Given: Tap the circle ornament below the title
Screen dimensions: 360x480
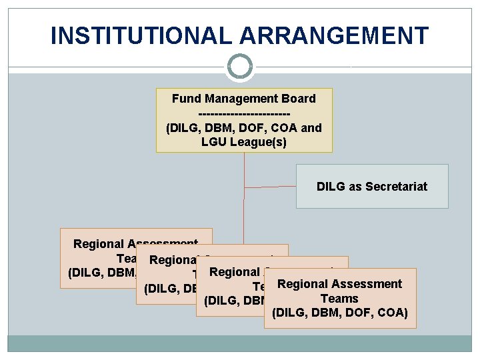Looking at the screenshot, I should [240, 67].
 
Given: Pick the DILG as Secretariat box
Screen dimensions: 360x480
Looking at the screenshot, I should [372, 186].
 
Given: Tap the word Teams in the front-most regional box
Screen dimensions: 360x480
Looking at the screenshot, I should [339, 299].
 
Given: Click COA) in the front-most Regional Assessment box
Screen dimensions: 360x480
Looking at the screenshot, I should [394, 313].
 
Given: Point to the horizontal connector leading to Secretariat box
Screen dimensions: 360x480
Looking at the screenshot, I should [270, 185].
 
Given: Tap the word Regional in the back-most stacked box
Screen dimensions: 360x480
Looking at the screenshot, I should [98, 245].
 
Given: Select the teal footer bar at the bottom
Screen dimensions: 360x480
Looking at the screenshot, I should [240, 343].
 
